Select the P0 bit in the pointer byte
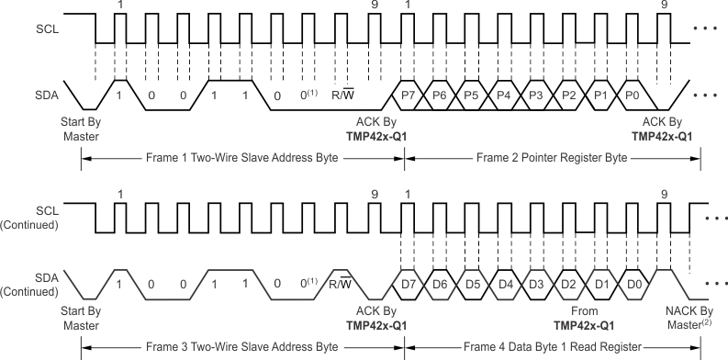[x=632, y=95]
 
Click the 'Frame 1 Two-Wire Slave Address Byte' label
[x=242, y=158]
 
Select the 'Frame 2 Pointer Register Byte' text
[x=553, y=158]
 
